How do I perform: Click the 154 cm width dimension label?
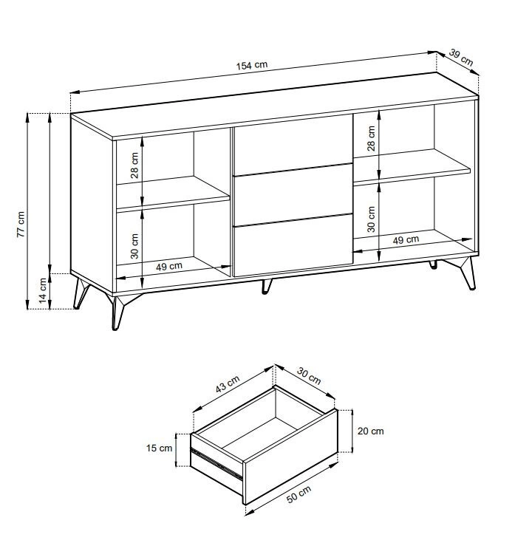(x=252, y=66)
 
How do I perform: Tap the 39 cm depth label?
(x=461, y=58)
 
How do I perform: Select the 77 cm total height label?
(x=21, y=224)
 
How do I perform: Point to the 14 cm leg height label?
(x=43, y=290)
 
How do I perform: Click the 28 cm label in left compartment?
(x=134, y=165)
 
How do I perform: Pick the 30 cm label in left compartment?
(x=134, y=246)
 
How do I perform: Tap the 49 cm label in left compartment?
(x=169, y=266)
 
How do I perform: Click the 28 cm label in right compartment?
(x=371, y=138)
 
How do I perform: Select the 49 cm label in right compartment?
(x=406, y=239)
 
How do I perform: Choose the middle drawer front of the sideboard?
(x=293, y=195)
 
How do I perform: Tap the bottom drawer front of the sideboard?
(x=293, y=245)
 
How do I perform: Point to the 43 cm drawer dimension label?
(x=228, y=384)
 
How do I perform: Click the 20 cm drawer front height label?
(x=371, y=431)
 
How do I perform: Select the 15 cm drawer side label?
(x=159, y=448)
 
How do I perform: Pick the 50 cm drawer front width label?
(x=299, y=494)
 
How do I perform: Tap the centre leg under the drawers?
(x=266, y=286)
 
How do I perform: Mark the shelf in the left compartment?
(x=173, y=194)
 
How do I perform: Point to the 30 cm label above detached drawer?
(x=309, y=376)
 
